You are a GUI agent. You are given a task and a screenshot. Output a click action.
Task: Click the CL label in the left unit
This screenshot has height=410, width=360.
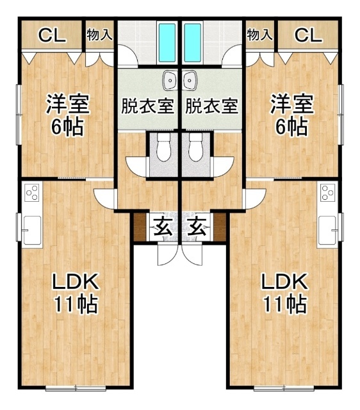point(52,35)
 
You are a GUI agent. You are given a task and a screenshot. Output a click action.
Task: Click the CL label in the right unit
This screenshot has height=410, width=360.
point(308,35)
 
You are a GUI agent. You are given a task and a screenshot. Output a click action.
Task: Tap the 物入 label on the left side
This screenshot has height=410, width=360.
point(99,35)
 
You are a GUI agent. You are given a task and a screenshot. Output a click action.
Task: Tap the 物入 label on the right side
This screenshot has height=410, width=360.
point(259,35)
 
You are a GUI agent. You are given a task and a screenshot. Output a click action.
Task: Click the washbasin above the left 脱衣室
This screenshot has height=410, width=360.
point(170,81)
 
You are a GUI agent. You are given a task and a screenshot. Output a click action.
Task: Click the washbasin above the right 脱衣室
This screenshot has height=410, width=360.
point(190,81)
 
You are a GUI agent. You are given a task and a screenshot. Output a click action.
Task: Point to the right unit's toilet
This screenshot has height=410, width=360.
point(195,149)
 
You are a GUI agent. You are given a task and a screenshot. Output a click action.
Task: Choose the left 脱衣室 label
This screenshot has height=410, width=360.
point(148,105)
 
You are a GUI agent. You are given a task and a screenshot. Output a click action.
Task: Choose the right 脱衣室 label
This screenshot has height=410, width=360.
point(212,105)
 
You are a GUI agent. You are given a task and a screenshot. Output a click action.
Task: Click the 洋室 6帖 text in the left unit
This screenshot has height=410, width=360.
point(67,115)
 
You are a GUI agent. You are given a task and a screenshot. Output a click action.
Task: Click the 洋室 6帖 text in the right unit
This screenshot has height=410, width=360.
point(291,115)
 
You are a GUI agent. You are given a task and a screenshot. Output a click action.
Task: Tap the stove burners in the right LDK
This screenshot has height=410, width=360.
point(327,192)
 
